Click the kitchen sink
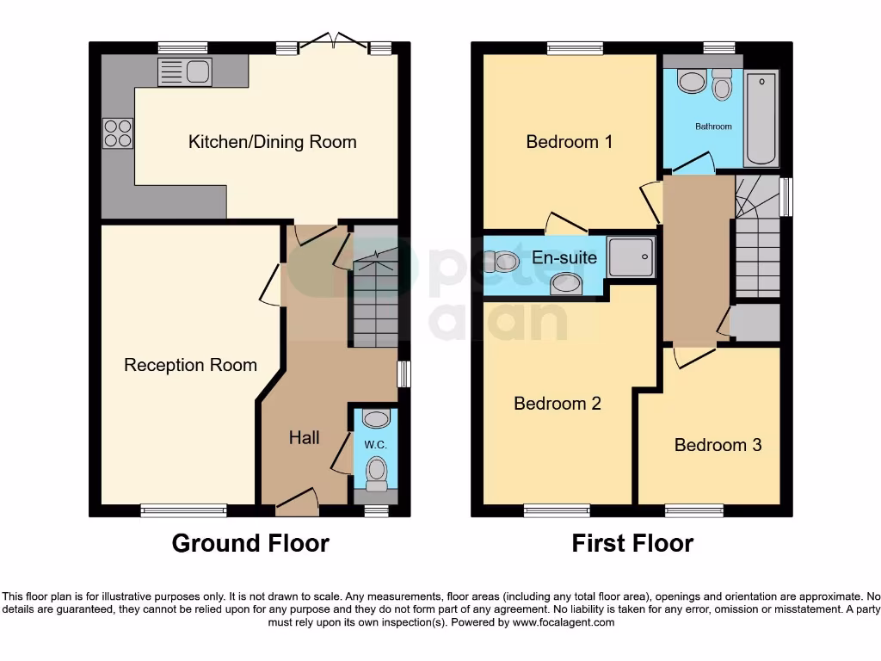click(x=185, y=72)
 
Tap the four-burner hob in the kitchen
click(x=118, y=133)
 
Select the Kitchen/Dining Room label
click(x=272, y=142)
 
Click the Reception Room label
click(x=190, y=365)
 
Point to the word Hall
click(x=304, y=437)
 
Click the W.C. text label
click(x=375, y=445)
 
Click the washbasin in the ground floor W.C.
click(x=376, y=419)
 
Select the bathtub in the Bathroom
click(x=761, y=118)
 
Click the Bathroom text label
click(x=713, y=127)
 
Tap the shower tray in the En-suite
click(x=631, y=256)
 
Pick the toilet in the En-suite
click(x=502, y=261)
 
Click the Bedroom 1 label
click(x=569, y=141)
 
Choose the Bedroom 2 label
click(x=557, y=403)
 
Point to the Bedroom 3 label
click(x=718, y=445)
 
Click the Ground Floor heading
click(x=250, y=543)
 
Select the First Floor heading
click(x=632, y=543)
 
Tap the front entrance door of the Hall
click(x=297, y=503)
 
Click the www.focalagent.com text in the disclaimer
click(x=564, y=622)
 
